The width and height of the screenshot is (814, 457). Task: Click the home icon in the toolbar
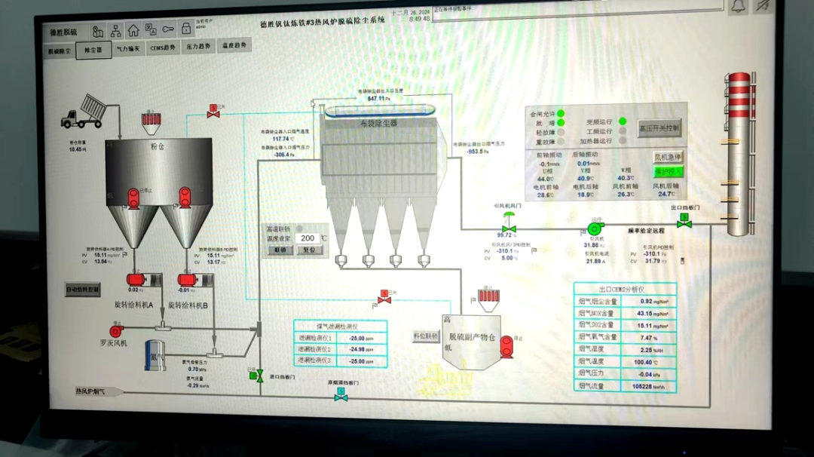click(133, 31)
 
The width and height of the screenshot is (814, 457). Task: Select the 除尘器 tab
click(93, 49)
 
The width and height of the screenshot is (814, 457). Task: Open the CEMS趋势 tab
click(163, 48)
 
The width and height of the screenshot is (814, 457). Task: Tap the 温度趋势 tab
click(234, 46)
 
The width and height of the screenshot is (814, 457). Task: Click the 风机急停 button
click(668, 158)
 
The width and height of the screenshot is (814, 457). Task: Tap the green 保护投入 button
click(668, 171)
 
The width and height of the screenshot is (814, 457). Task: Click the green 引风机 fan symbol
click(595, 228)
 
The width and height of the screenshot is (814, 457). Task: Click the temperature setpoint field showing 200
click(308, 238)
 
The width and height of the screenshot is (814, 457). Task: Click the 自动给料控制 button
click(83, 289)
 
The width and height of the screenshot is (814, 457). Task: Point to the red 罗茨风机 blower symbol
click(116, 330)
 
